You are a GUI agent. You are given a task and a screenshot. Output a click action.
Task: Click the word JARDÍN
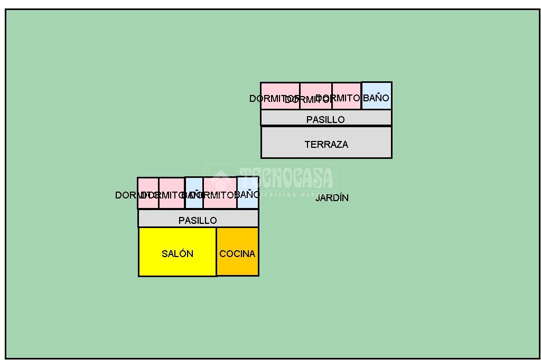[332, 198]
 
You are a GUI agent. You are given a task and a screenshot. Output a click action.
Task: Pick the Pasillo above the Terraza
[326, 118]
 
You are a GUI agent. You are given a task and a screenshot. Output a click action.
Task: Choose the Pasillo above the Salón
[198, 219]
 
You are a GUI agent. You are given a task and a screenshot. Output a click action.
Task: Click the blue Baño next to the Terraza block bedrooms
[377, 96]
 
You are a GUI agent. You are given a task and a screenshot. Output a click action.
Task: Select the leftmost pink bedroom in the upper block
[280, 96]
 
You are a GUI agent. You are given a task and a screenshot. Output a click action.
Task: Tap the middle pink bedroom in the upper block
[316, 96]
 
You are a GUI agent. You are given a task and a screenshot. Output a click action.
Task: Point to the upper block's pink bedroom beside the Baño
[347, 96]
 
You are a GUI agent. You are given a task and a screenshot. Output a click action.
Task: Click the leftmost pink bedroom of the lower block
[148, 193]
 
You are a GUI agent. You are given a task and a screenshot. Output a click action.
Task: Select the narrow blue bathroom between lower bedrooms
[194, 193]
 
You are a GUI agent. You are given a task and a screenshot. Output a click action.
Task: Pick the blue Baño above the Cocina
[247, 193]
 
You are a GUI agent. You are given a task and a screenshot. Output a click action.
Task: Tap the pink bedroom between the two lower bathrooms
[220, 193]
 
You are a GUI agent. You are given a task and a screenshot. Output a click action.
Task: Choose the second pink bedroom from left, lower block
[172, 193]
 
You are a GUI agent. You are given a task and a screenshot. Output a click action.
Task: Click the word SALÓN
[178, 254]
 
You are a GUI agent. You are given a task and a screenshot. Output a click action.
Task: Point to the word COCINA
[237, 254]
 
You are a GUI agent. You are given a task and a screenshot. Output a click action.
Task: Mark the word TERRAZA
[326, 145]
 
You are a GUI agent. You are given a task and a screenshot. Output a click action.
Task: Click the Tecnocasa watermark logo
[270, 178]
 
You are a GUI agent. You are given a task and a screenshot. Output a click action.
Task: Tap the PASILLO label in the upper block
[325, 120]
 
